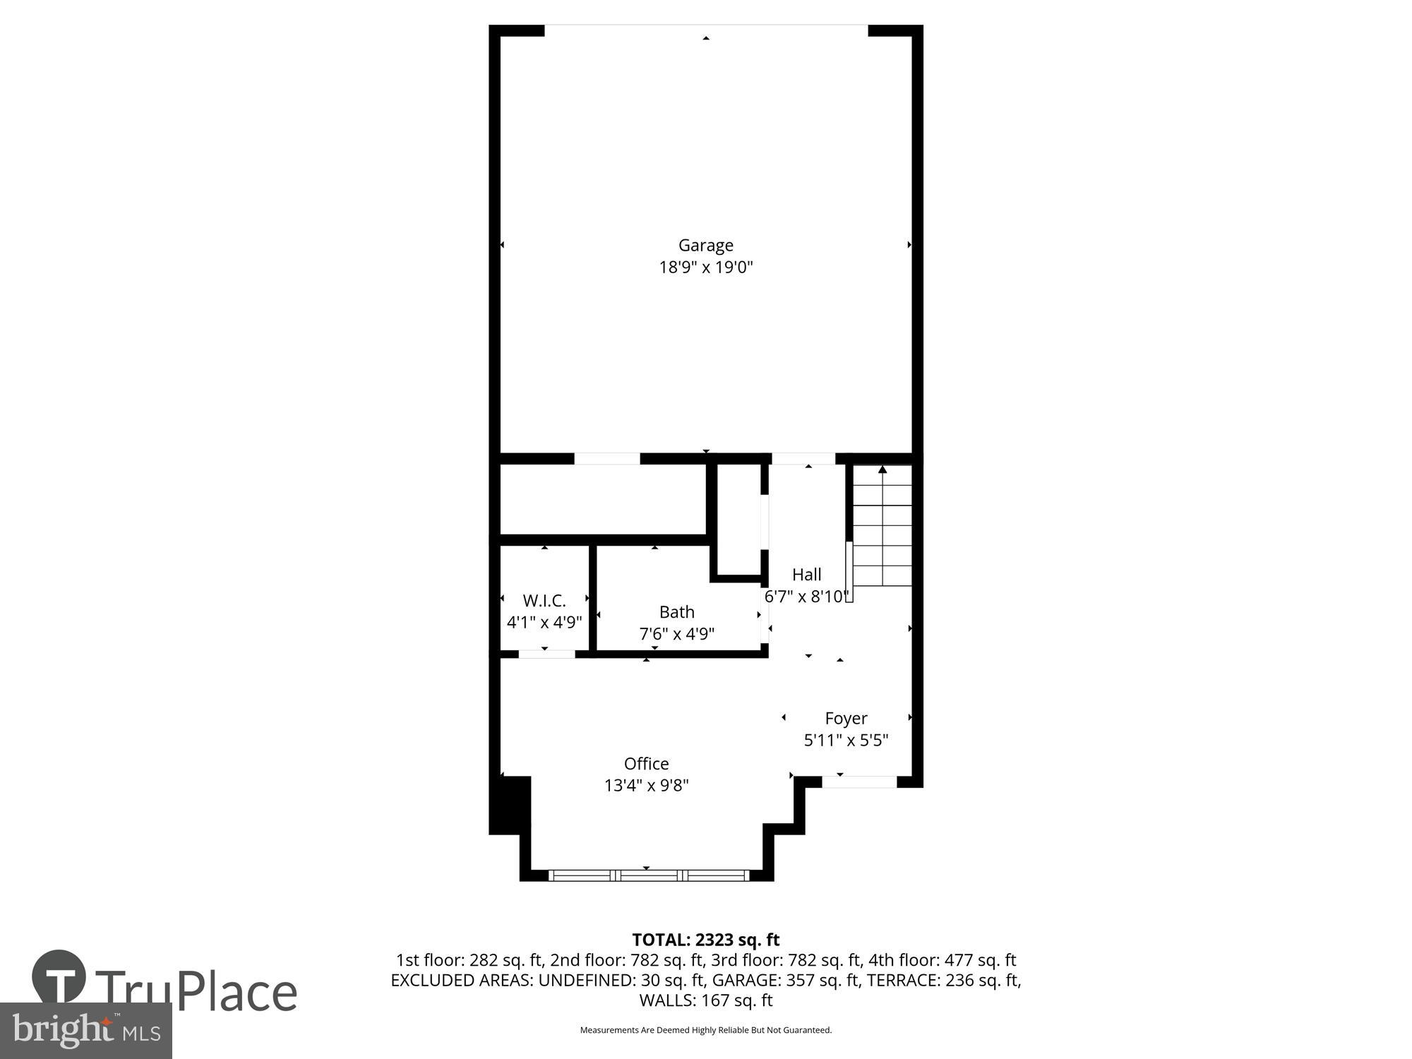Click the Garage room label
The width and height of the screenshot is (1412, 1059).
705,245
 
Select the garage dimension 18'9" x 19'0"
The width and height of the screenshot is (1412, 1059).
705,268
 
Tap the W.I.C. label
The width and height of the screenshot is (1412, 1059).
544,601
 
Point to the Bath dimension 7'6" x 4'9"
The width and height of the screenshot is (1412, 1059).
676,634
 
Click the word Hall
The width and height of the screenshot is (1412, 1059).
806,575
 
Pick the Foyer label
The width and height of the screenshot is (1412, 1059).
846,719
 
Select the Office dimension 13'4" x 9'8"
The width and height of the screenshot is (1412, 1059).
646,785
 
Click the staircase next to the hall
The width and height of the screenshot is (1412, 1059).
882,529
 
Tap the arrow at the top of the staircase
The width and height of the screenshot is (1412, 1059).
882,469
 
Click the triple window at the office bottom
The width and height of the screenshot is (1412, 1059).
648,875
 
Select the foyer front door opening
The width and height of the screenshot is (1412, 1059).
859,782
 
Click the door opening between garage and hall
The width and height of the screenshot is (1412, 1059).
803,459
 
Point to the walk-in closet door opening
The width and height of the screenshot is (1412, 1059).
546,654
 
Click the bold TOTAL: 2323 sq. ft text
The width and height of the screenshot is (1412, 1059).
705,940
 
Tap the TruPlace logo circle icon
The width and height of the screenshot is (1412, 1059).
59,978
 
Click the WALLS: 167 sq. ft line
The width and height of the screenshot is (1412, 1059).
705,1000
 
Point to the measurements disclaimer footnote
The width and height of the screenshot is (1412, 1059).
705,1030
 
